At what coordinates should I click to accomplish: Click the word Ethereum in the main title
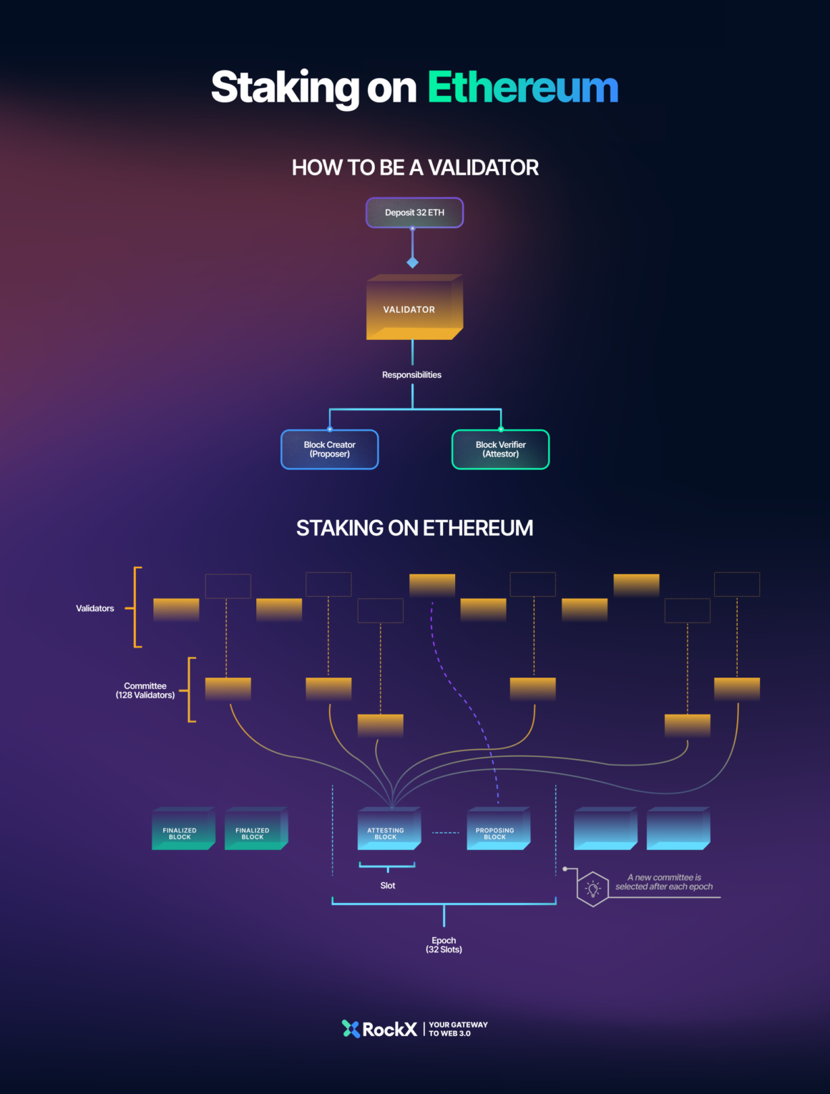[522, 88]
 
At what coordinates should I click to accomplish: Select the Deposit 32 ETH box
[414, 213]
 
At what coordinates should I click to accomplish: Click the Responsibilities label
[411, 375]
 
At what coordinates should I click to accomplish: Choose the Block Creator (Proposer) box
[329, 449]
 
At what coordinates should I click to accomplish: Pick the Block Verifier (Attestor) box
[500, 449]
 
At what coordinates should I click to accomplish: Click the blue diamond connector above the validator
[412, 263]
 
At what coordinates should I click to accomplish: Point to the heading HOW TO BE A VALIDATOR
[415, 167]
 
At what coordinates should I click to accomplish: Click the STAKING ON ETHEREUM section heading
[414, 528]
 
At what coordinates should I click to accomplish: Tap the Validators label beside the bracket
[95, 608]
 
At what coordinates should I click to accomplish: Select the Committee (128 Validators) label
[145, 690]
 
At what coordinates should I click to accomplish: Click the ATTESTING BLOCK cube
[387, 830]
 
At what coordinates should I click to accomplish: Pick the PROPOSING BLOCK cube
[496, 830]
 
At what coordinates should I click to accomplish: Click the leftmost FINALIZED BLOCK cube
[181, 830]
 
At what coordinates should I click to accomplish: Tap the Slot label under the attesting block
[388, 886]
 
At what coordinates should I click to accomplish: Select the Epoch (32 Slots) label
[444, 945]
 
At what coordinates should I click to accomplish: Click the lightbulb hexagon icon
[592, 889]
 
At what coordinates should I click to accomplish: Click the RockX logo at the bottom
[380, 1029]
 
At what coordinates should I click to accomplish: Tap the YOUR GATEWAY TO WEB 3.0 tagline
[458, 1029]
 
